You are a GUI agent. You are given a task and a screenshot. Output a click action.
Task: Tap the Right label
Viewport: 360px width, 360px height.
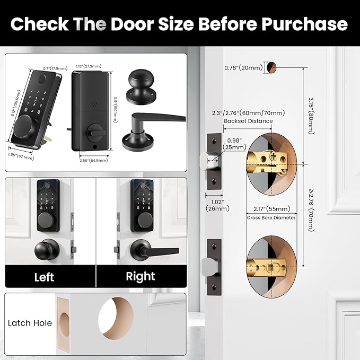click(141, 276)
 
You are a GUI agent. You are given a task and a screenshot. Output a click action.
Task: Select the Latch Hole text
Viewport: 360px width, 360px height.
click(30, 322)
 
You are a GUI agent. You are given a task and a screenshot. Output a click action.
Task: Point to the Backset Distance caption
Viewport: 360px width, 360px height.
click(249, 121)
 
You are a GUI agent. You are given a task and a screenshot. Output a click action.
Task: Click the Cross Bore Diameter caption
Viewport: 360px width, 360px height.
click(271, 217)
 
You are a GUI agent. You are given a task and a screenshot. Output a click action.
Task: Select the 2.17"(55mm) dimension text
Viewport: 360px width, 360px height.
click(271, 208)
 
